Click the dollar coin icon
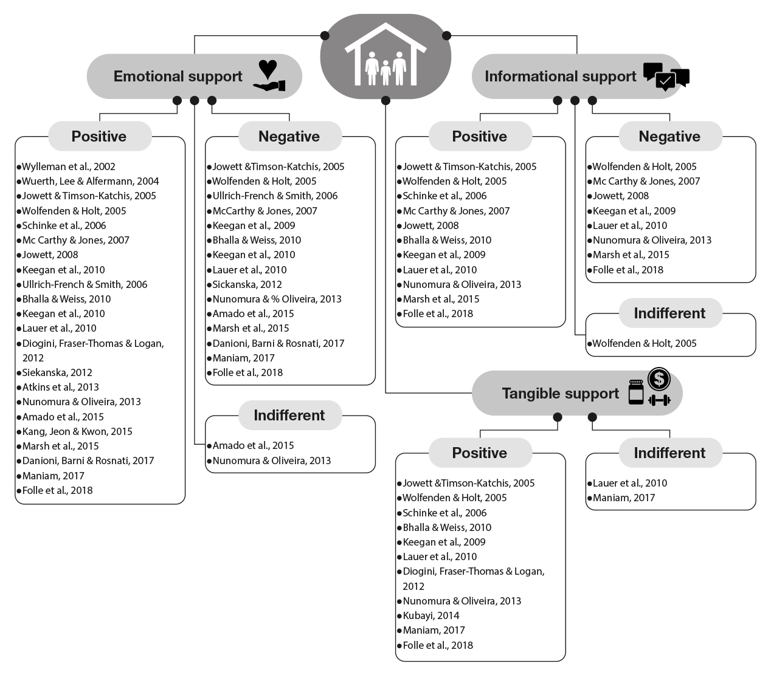click(x=659, y=379)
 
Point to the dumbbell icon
click(x=659, y=400)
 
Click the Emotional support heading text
click(x=178, y=77)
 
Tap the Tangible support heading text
click(x=560, y=394)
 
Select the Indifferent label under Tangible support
click(x=669, y=453)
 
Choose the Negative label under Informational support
click(x=669, y=137)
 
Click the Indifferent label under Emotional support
click(x=289, y=416)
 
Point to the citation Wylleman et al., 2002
click(x=69, y=166)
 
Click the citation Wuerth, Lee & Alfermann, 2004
click(x=91, y=181)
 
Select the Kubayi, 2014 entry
click(x=431, y=615)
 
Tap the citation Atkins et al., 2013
click(x=60, y=387)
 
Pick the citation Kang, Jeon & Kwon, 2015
click(x=77, y=431)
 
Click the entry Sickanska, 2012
click(x=247, y=284)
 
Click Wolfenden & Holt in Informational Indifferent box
click(x=645, y=343)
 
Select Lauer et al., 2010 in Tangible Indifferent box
click(x=630, y=483)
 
